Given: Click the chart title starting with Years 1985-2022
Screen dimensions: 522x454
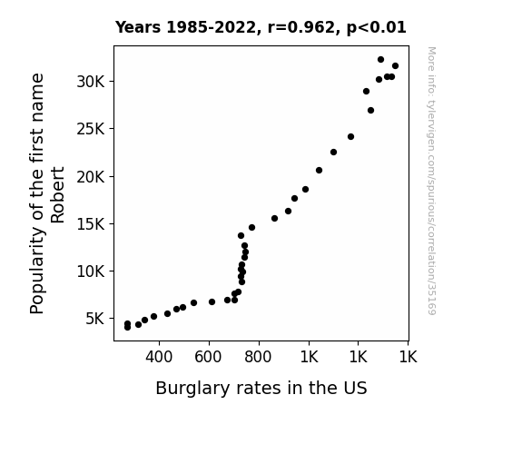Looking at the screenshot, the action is click(261, 27).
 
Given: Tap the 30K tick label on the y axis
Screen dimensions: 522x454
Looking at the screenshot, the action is click(91, 82).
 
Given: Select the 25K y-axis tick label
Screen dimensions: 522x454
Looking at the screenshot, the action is click(91, 129).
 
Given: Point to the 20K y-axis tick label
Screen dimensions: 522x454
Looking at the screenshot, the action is click(91, 176).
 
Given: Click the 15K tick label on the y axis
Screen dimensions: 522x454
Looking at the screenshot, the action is click(91, 224).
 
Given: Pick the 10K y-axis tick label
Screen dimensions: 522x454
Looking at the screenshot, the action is click(91, 271).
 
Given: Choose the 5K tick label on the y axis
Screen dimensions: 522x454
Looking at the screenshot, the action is click(95, 319).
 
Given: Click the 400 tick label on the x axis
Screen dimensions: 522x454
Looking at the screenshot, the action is click(159, 357).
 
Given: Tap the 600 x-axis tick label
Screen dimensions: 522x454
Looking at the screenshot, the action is click(208, 357).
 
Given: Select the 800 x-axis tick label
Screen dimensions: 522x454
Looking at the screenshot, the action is click(258, 357).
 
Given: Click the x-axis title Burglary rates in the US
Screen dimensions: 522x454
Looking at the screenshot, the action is click(261, 389).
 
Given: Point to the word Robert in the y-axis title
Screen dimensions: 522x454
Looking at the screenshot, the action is click(57, 195).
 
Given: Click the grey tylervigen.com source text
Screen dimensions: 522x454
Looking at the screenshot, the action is click(431, 181).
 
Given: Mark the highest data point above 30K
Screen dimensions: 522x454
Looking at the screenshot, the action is click(381, 60).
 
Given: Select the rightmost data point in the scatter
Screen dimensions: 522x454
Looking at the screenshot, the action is click(395, 66).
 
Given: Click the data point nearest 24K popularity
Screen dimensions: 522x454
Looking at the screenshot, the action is click(350, 136).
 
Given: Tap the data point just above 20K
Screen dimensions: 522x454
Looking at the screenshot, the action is click(319, 170).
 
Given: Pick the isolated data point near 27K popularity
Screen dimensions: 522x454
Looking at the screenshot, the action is click(371, 110).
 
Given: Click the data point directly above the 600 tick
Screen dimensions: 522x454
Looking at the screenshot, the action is click(212, 301).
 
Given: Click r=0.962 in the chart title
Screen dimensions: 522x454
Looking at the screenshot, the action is click(301, 27).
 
